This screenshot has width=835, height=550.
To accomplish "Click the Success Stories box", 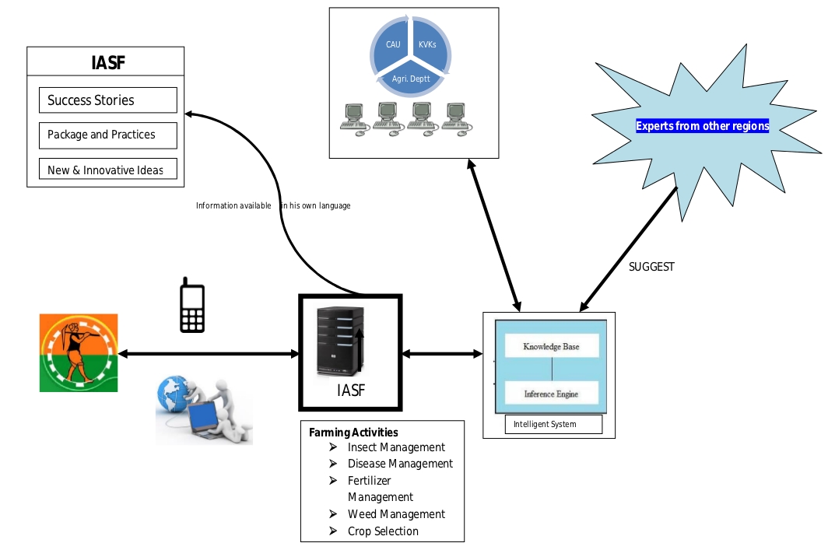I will click(x=107, y=100).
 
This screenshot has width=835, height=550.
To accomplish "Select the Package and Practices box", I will click(x=107, y=135).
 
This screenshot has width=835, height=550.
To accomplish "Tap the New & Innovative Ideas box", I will click(x=107, y=169).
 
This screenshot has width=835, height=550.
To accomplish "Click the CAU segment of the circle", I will click(x=393, y=44).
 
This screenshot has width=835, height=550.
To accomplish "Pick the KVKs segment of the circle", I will click(x=427, y=44).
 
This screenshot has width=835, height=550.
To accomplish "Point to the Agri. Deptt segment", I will click(x=411, y=79).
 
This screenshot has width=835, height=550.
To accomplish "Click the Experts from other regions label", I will click(x=702, y=126).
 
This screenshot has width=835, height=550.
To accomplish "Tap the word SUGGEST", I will click(x=651, y=267).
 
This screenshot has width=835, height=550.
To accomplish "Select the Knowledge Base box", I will click(x=552, y=346).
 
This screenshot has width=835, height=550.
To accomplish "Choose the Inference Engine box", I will click(x=551, y=393).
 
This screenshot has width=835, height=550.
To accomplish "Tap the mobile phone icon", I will click(x=192, y=305).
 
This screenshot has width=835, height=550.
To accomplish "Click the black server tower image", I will click(x=340, y=341).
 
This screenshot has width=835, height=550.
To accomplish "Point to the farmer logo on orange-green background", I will click(x=79, y=352).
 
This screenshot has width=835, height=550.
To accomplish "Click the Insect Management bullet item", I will click(x=396, y=447).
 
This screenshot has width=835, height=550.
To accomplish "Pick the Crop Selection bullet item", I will click(x=383, y=531).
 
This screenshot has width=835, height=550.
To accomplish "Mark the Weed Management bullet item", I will click(x=396, y=514).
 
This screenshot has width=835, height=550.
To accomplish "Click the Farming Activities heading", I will click(x=353, y=433).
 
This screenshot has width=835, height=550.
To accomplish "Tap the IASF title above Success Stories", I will click(x=107, y=64).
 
